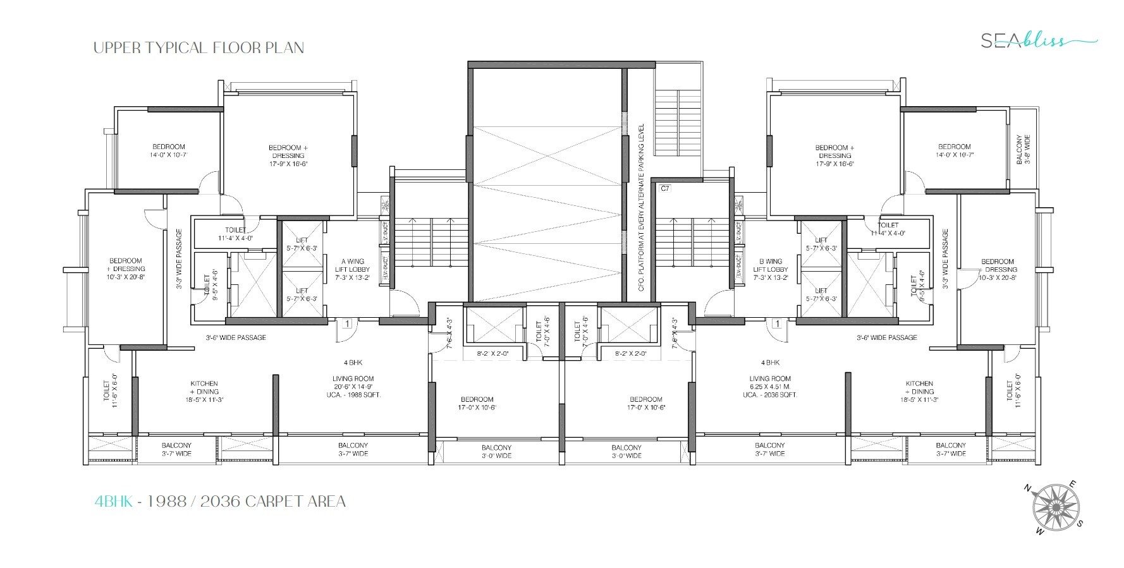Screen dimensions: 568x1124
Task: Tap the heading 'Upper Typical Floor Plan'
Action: coord(199,48)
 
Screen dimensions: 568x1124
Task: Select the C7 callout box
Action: coord(664,188)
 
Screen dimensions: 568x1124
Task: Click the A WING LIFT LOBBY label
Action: coord(353,269)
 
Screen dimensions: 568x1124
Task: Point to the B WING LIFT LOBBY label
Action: coord(770,269)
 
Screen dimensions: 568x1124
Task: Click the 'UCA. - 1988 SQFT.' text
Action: coord(353,395)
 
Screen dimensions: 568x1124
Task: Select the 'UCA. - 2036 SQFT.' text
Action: coord(770,395)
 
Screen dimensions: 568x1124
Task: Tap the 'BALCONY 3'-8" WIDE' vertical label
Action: coord(1023,150)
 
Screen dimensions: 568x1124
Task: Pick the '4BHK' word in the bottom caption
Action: coord(114,502)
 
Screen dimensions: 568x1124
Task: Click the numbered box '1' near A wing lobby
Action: coord(347,324)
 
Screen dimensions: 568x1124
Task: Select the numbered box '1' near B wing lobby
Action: coord(777,324)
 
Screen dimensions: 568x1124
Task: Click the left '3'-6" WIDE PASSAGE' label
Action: coord(236,337)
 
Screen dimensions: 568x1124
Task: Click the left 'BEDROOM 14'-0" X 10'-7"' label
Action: coord(169,150)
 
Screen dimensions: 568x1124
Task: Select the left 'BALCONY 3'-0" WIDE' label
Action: coord(496,451)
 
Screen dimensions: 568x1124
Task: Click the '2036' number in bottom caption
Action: coord(221,502)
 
